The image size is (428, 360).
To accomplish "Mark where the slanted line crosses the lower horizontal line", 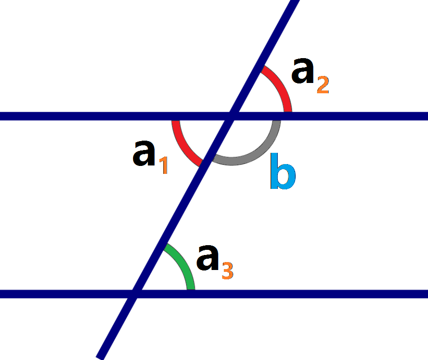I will tap(134, 294).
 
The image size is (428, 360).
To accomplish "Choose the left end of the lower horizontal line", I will tap(1, 294).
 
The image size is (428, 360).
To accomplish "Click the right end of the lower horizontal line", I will tap(426, 294).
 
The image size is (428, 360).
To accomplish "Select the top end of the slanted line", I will tap(295, 2).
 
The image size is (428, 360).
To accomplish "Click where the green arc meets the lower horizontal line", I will tap(191, 290).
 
